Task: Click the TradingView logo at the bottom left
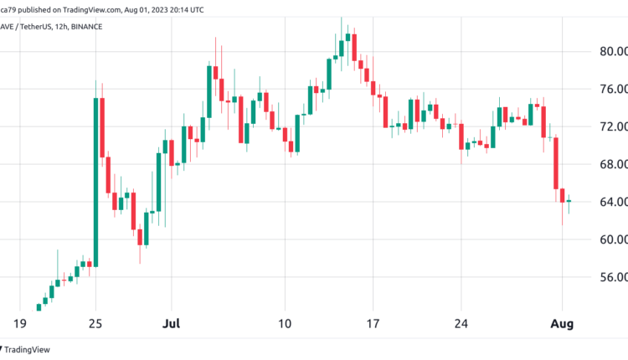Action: pyautogui.click(x=28, y=349)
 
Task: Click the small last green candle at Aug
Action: pyautogui.click(x=569, y=202)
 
